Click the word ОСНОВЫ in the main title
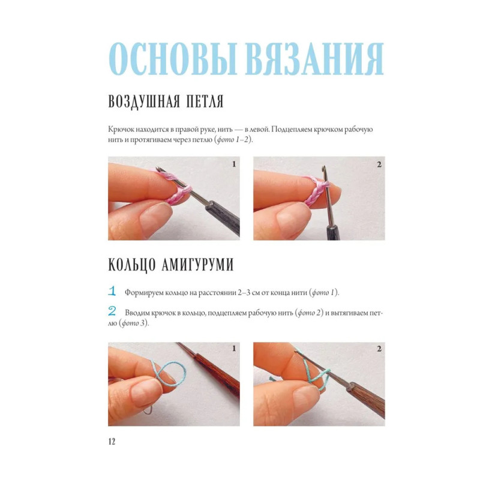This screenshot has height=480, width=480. pyautogui.click(x=173, y=59)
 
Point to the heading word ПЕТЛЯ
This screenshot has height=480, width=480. pyautogui.click(x=205, y=101)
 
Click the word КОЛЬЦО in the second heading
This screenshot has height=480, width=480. pyautogui.click(x=132, y=265)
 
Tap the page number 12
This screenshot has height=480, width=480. pyautogui.click(x=112, y=441)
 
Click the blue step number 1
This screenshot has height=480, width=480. pyautogui.click(x=112, y=291)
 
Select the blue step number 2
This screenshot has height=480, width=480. pyautogui.click(x=112, y=311)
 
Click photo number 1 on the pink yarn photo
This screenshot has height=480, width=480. pyautogui.click(x=234, y=164)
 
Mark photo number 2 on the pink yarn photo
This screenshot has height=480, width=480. pyautogui.click(x=379, y=164)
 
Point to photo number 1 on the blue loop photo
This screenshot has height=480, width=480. pyautogui.click(x=234, y=349)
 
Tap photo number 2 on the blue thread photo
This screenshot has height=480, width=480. pyautogui.click(x=379, y=349)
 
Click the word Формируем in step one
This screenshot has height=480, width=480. pyautogui.click(x=144, y=293)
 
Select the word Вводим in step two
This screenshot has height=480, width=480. pyautogui.click(x=136, y=313)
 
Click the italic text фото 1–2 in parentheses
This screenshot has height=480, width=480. pyautogui.click(x=233, y=140)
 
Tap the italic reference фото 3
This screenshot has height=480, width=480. pyautogui.click(x=133, y=323)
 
